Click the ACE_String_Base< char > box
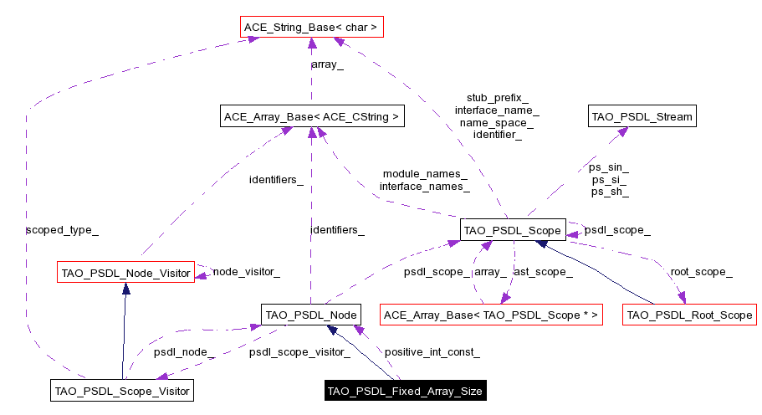(x=310, y=28)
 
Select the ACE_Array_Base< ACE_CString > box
(x=311, y=117)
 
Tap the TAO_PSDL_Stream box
(x=642, y=117)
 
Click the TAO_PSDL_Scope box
(x=513, y=229)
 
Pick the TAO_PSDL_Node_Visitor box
(x=125, y=272)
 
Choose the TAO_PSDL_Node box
(x=310, y=315)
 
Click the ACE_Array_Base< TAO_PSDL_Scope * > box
(x=491, y=315)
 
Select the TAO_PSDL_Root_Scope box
(x=690, y=315)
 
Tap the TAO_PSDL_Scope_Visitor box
(x=122, y=390)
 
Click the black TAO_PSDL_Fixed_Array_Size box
(x=405, y=391)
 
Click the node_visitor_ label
(x=246, y=272)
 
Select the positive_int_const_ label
(x=432, y=352)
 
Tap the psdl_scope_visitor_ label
(x=299, y=352)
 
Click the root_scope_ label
(x=701, y=272)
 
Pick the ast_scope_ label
(x=543, y=272)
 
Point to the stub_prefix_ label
(x=497, y=98)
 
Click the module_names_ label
(x=425, y=173)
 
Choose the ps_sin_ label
(x=609, y=167)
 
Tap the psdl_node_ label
(x=184, y=352)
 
